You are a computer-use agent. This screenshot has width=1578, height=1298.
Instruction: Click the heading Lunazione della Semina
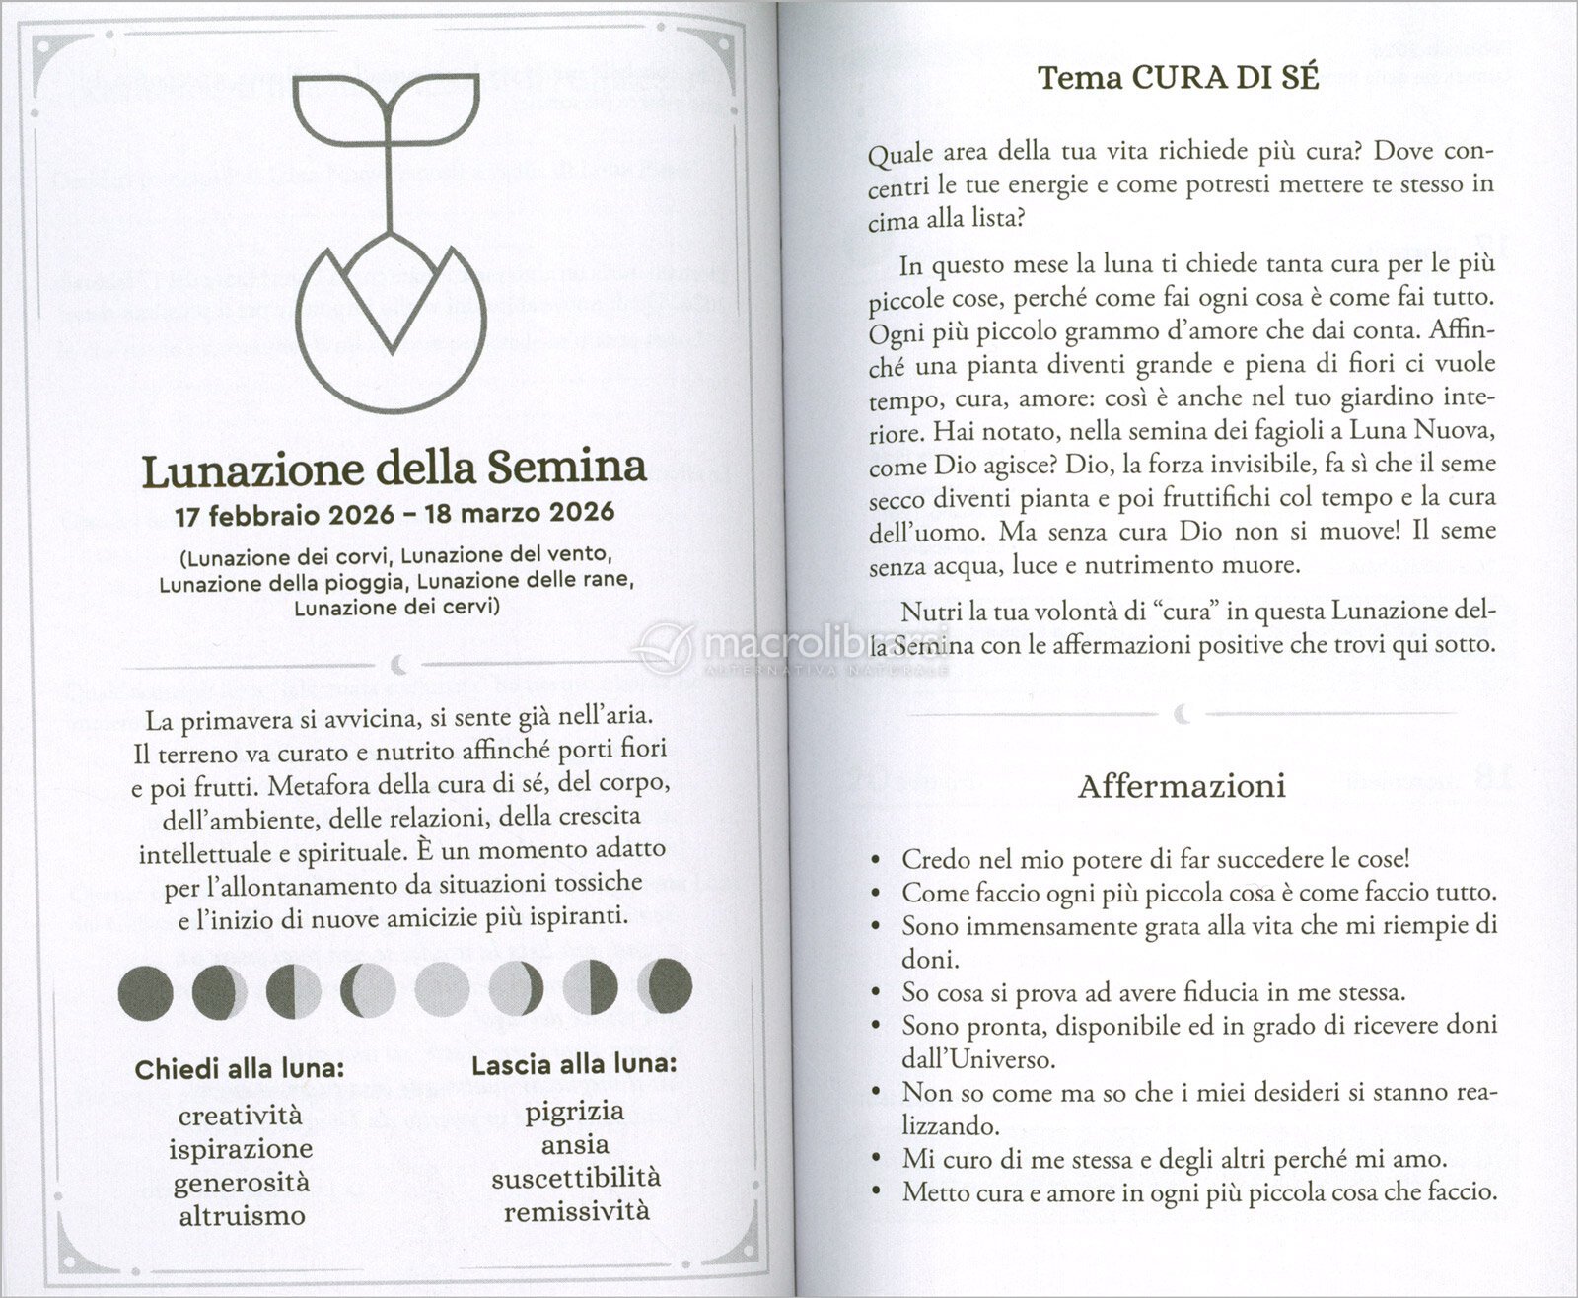coord(394,469)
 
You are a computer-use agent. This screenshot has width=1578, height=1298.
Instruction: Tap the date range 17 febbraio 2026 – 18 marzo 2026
coord(394,514)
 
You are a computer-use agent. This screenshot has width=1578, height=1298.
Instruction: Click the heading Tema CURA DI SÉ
coord(1179,78)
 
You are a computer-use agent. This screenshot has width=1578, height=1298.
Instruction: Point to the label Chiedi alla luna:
coord(240,1070)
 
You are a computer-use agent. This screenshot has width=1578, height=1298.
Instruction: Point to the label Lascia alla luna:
coord(574,1065)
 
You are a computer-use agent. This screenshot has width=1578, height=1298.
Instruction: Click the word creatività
coord(241,1116)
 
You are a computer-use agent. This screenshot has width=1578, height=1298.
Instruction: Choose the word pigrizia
coord(574,1112)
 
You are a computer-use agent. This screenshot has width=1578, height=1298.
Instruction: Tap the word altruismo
coord(242,1215)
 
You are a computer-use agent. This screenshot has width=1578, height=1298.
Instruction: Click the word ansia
coord(574,1145)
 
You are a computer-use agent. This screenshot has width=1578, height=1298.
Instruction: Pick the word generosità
coord(241,1182)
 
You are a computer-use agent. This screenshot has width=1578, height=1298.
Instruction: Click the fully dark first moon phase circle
coord(145,989)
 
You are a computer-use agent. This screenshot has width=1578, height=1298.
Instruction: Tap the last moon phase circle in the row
coord(665,986)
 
